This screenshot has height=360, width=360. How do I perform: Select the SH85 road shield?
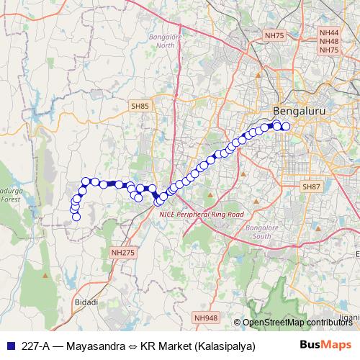140,106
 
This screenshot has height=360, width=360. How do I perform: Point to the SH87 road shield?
311,186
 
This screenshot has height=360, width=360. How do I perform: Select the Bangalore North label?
166,41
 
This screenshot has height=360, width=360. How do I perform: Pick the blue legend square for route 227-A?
9,346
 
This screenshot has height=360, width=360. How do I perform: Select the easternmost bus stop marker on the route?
285,127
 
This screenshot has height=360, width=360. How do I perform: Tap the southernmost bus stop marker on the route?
76,217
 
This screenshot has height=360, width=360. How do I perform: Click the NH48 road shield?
329,42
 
